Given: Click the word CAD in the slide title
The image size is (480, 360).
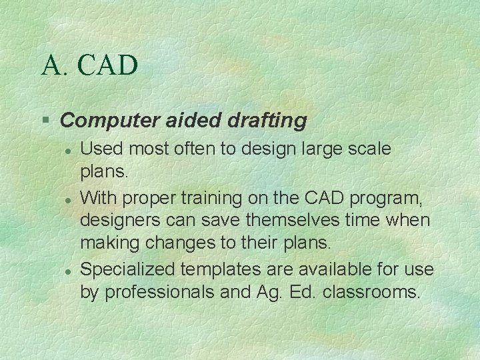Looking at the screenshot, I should [108, 66].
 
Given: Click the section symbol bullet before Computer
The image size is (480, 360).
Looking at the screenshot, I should [45, 121].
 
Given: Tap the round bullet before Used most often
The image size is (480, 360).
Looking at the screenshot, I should [68, 151].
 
